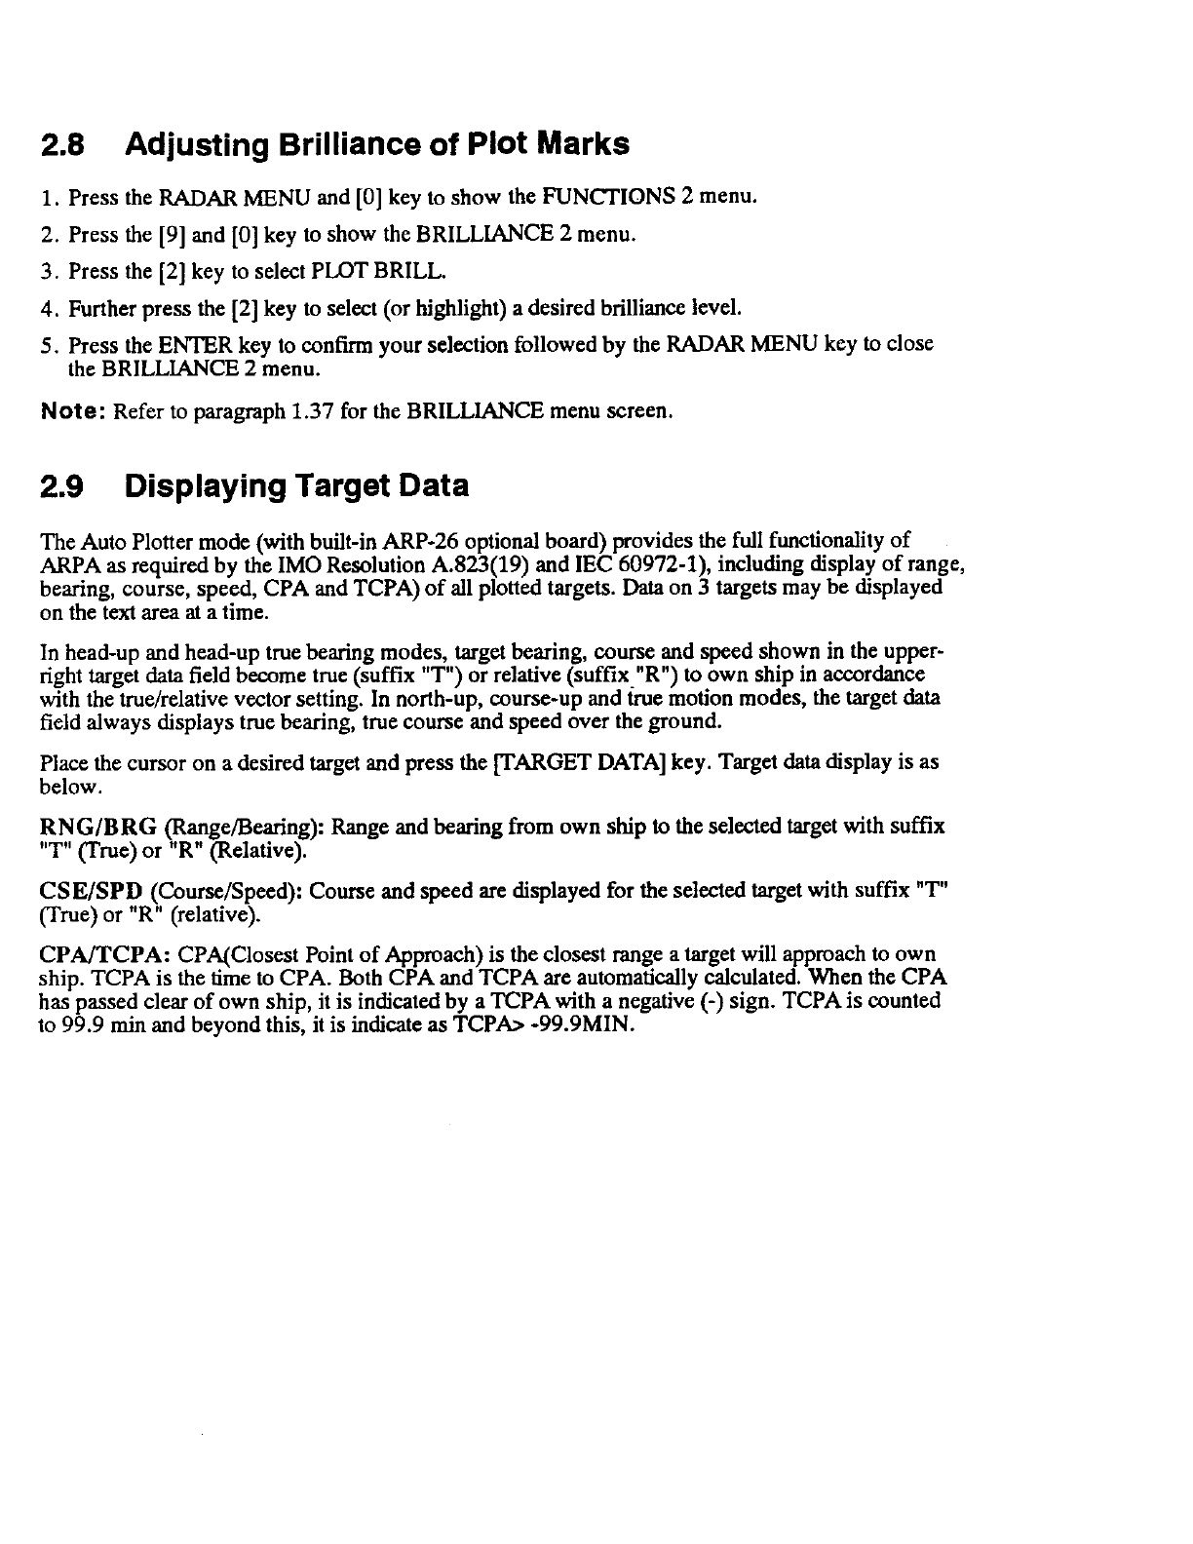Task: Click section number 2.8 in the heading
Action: pos(59,145)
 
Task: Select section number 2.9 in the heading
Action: pos(59,485)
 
